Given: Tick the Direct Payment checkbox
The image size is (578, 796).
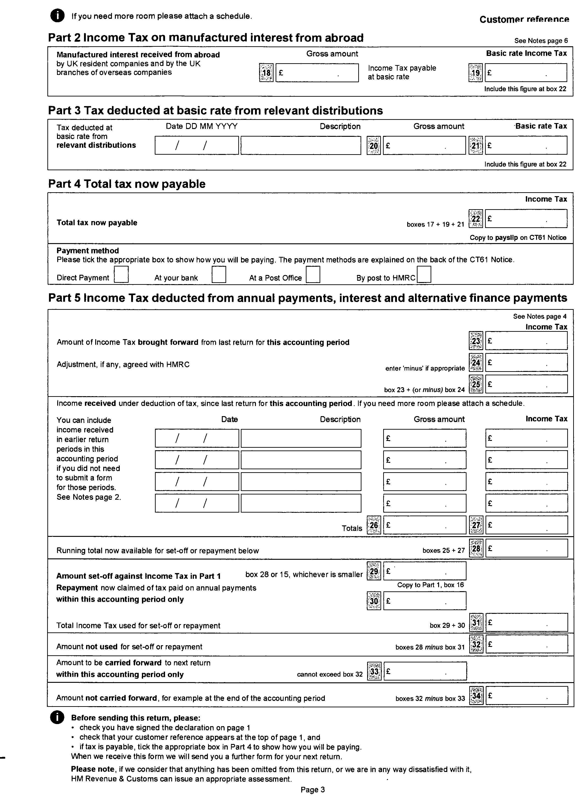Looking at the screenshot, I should click(121, 274).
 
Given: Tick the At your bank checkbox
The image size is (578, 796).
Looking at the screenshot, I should click(219, 274).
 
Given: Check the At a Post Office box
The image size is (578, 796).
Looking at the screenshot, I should click(313, 274).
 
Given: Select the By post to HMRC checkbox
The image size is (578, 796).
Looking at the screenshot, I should click(424, 274).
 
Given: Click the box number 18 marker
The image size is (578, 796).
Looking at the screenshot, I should click(266, 73).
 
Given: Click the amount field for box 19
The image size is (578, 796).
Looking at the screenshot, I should click(526, 73).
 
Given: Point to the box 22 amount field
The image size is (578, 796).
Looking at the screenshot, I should click(526, 219).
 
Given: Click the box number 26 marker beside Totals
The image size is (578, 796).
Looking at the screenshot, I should click(374, 525).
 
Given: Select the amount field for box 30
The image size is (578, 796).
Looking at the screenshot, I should click(424, 601).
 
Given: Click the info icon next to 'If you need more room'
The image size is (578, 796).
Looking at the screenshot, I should click(57, 16).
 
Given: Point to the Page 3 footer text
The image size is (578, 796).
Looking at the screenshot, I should click(312, 789).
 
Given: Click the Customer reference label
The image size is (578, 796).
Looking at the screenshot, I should click(524, 20).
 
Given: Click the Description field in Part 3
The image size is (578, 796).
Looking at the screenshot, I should click(301, 145).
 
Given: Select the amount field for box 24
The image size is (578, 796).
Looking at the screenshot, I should click(526, 362).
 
